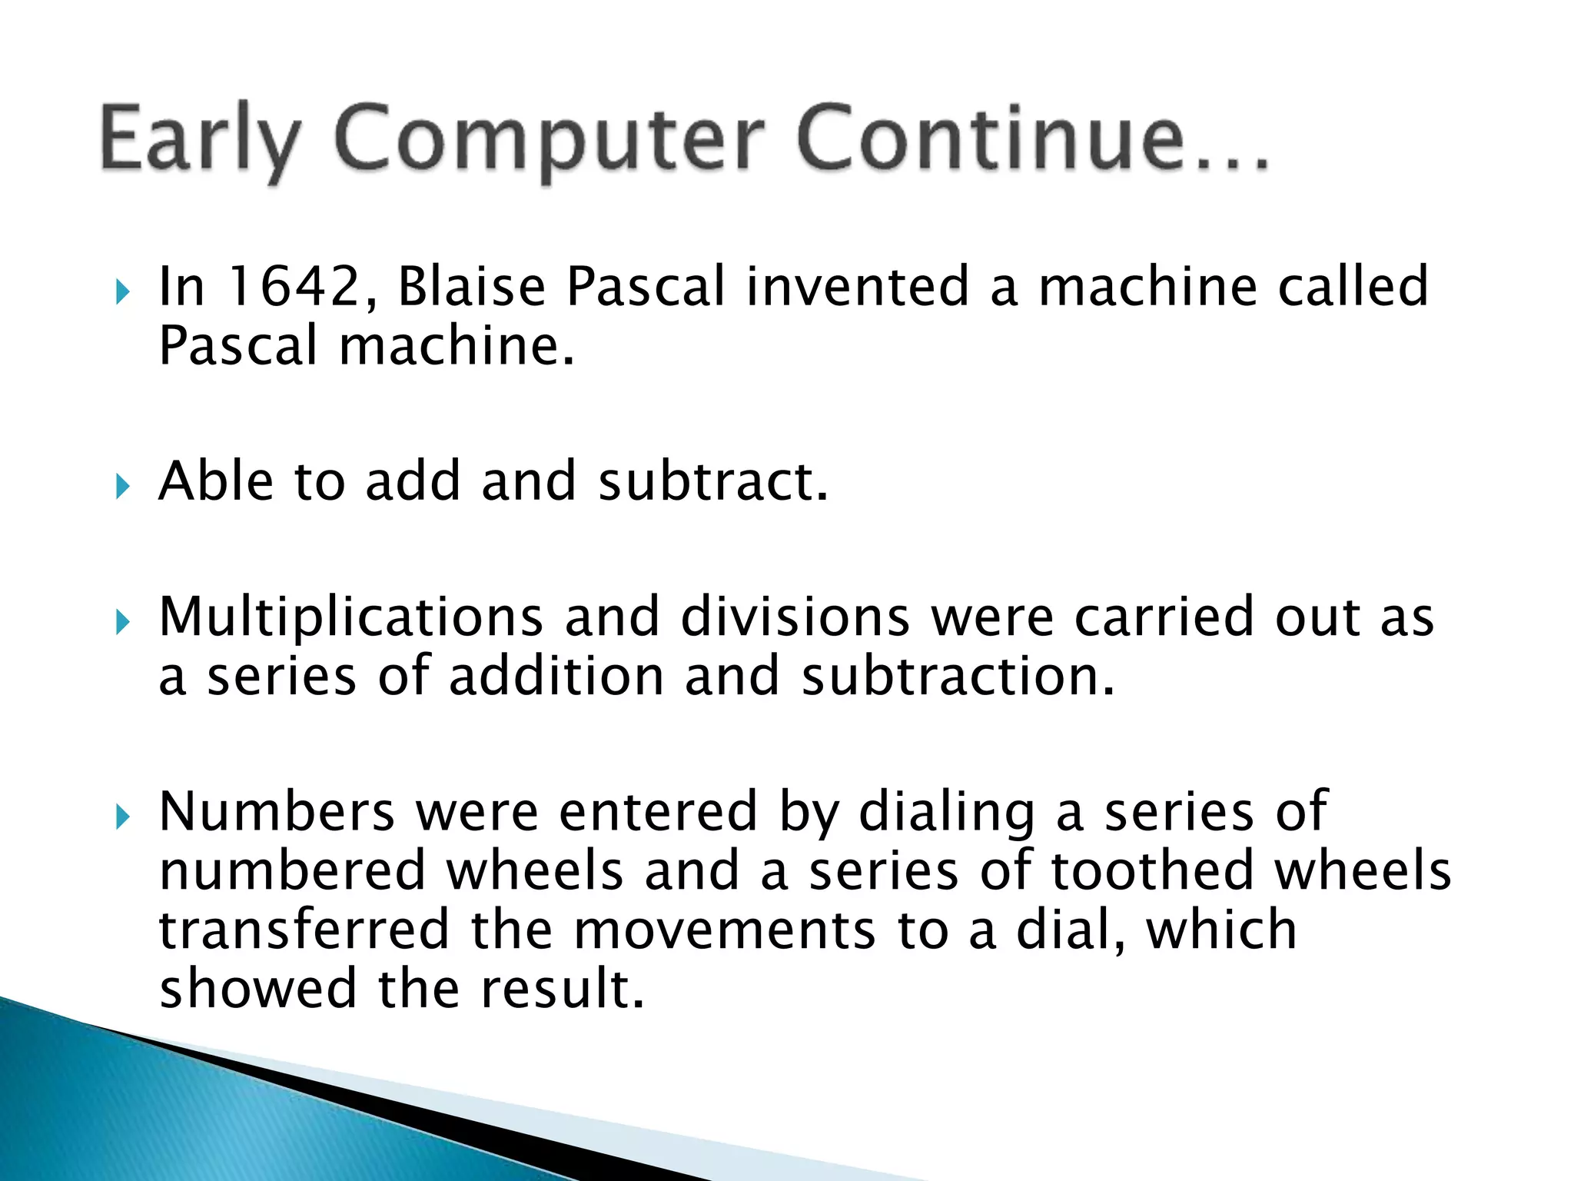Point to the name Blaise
pyautogui.click(x=471, y=287)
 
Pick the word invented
pyautogui.click(x=857, y=287)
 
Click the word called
pyautogui.click(x=1352, y=287)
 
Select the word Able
pyautogui.click(x=215, y=482)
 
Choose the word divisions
pyautogui.click(x=795, y=618)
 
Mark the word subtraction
pyautogui.click(x=957, y=677)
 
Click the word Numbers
pyautogui.click(x=277, y=813)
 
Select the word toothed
pyautogui.click(x=1152, y=872)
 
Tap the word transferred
pyautogui.click(x=304, y=930)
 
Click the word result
pyautogui.click(x=562, y=990)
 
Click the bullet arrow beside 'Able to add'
pyautogui.click(x=123, y=487)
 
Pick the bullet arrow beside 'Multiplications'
pyautogui.click(x=123, y=623)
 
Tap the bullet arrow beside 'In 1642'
pyautogui.click(x=123, y=291)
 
